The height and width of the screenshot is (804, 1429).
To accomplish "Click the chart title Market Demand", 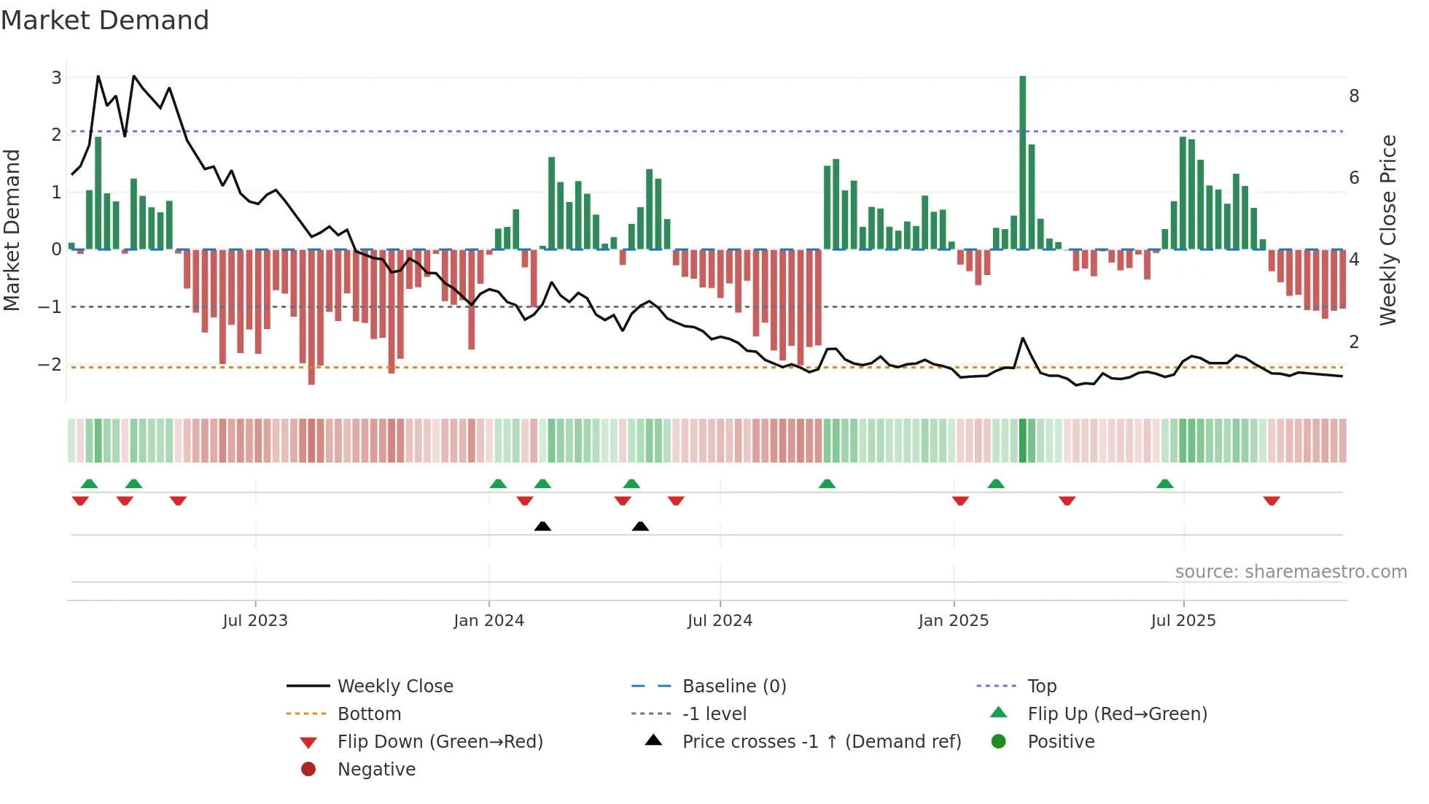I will [x=105, y=20].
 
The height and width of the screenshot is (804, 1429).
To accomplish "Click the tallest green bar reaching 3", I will [x=1022, y=161].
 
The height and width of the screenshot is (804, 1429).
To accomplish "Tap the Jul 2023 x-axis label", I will [x=255, y=621].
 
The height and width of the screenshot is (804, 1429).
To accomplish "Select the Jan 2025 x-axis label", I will [x=953, y=621].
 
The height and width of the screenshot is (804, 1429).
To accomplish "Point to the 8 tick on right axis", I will [x=1354, y=96].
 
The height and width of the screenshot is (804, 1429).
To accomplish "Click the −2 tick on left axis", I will [x=50, y=364].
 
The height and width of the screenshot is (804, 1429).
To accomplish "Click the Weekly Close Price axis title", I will [x=1388, y=230].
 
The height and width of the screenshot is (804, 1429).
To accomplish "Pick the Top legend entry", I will [x=1041, y=687].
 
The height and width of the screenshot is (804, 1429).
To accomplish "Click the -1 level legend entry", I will [x=714, y=714].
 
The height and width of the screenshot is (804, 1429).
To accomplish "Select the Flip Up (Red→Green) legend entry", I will [x=1117, y=714].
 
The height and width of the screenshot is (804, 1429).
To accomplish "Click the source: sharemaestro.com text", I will [x=1290, y=572].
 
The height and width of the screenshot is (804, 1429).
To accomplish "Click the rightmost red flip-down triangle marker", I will [x=1272, y=500].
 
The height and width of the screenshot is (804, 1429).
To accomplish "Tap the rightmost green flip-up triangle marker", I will [x=1164, y=484].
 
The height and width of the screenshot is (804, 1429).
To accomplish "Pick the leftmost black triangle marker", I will [x=542, y=526].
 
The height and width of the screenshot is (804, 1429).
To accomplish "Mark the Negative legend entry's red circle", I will [x=308, y=770].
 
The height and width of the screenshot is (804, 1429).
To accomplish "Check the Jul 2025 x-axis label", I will [x=1183, y=621].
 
